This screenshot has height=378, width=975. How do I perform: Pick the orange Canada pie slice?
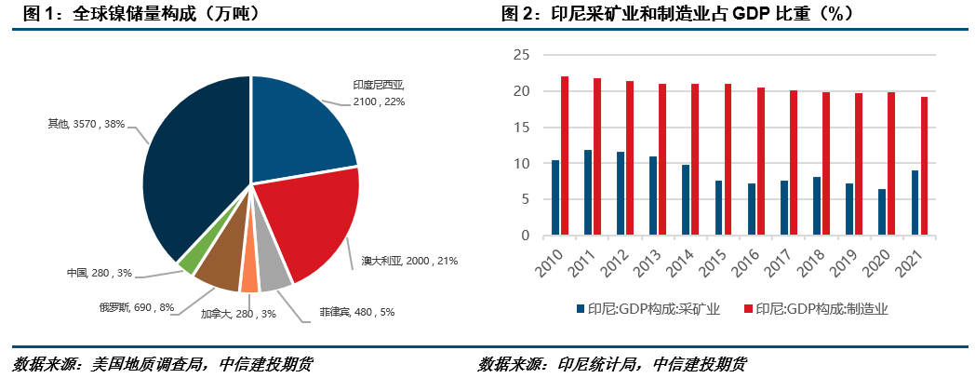click(248, 278)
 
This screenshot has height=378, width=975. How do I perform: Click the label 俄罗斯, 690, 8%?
click(136, 306)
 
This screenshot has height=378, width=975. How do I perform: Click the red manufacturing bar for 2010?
click(565, 155)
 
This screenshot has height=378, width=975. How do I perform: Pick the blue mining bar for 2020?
click(881, 212)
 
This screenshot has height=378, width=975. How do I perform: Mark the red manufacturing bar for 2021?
click(923, 166)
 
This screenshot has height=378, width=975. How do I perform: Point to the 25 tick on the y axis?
click(521, 55)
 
